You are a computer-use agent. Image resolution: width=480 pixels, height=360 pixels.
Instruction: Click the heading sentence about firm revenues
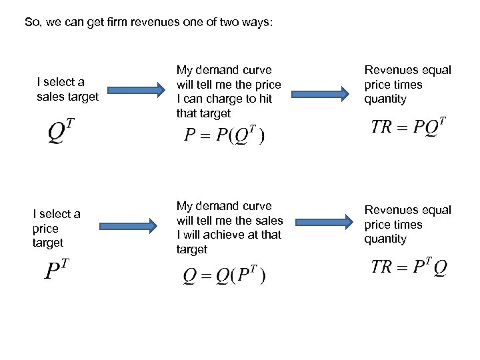(x=149, y=22)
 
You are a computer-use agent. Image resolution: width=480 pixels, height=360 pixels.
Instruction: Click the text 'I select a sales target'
(x=67, y=89)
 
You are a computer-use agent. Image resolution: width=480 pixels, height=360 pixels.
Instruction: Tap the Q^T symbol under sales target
(x=60, y=131)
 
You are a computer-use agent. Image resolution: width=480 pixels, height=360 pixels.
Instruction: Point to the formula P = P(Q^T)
(x=224, y=135)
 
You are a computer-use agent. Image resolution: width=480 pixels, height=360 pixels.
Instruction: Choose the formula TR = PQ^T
(x=409, y=127)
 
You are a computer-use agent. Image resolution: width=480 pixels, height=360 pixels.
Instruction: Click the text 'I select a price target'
(x=57, y=228)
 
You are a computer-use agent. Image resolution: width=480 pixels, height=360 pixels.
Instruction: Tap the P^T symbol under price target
(x=57, y=269)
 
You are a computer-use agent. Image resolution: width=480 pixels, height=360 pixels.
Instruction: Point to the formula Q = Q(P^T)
(x=224, y=275)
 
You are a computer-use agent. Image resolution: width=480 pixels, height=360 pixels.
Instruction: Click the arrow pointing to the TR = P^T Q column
(x=322, y=221)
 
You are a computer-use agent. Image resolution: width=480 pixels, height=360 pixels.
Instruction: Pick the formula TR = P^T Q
(x=409, y=267)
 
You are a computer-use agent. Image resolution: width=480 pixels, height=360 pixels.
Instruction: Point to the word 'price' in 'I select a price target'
(x=46, y=229)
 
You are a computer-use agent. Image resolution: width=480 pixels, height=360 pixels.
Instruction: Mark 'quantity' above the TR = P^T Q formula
(x=385, y=239)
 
